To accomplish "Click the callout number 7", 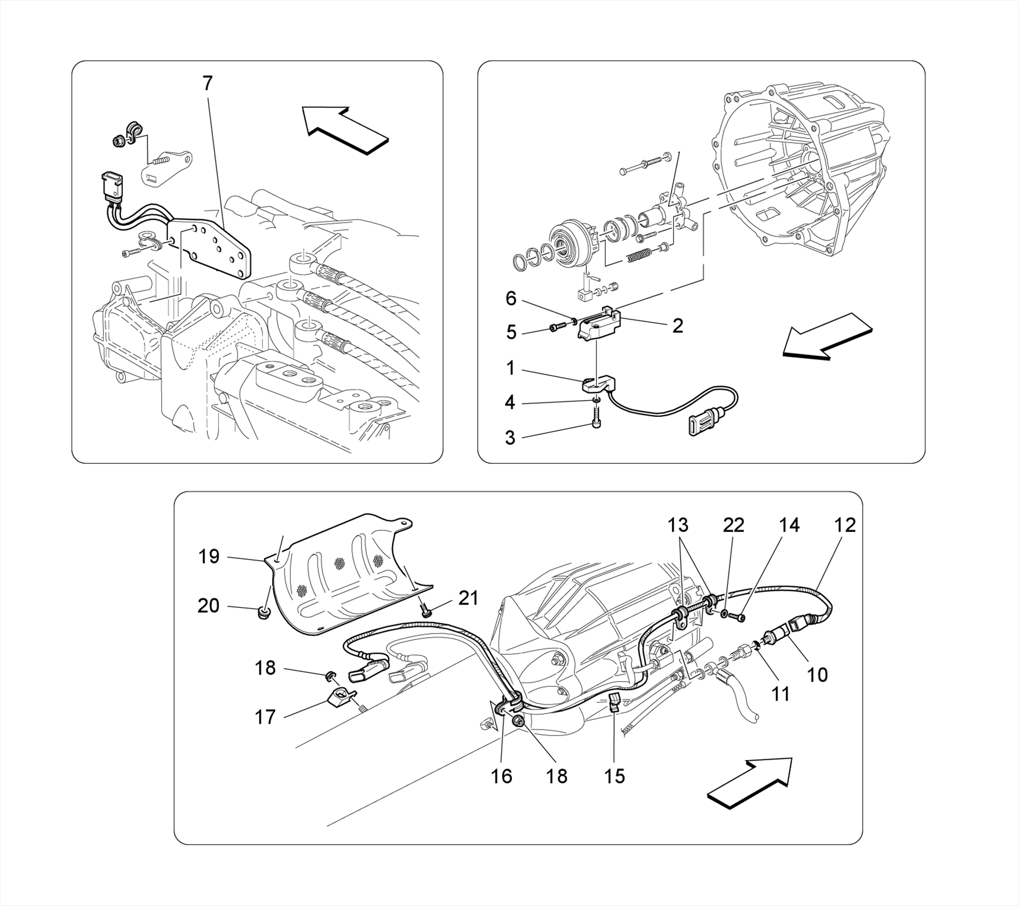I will click(x=207, y=84).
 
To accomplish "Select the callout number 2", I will click(x=677, y=326).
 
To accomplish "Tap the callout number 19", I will click(x=208, y=556).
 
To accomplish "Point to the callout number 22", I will click(x=734, y=525).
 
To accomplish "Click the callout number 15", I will click(x=614, y=776).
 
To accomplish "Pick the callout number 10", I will click(x=817, y=675).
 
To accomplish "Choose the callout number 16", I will click(x=502, y=776).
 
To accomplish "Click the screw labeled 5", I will click(x=557, y=327).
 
